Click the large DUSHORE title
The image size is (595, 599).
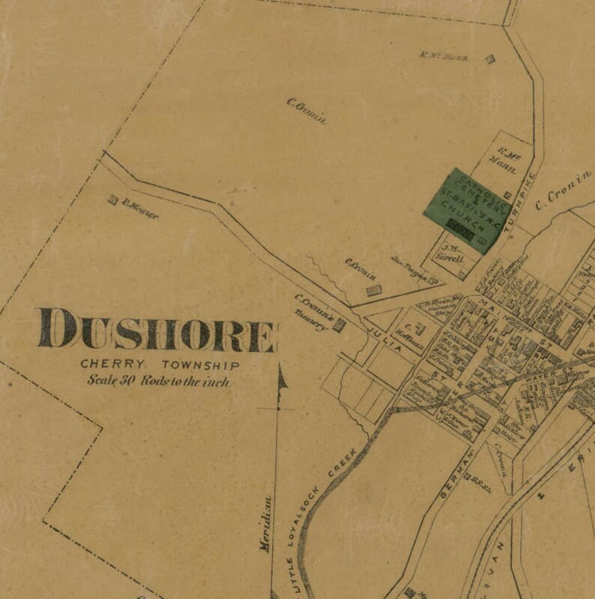coord(157,331)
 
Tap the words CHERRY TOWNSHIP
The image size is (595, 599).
coord(160,365)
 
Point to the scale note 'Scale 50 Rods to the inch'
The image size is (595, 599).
coord(157,381)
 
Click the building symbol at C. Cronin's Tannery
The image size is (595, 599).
coord(339,325)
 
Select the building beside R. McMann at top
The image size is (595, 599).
coord(490,59)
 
